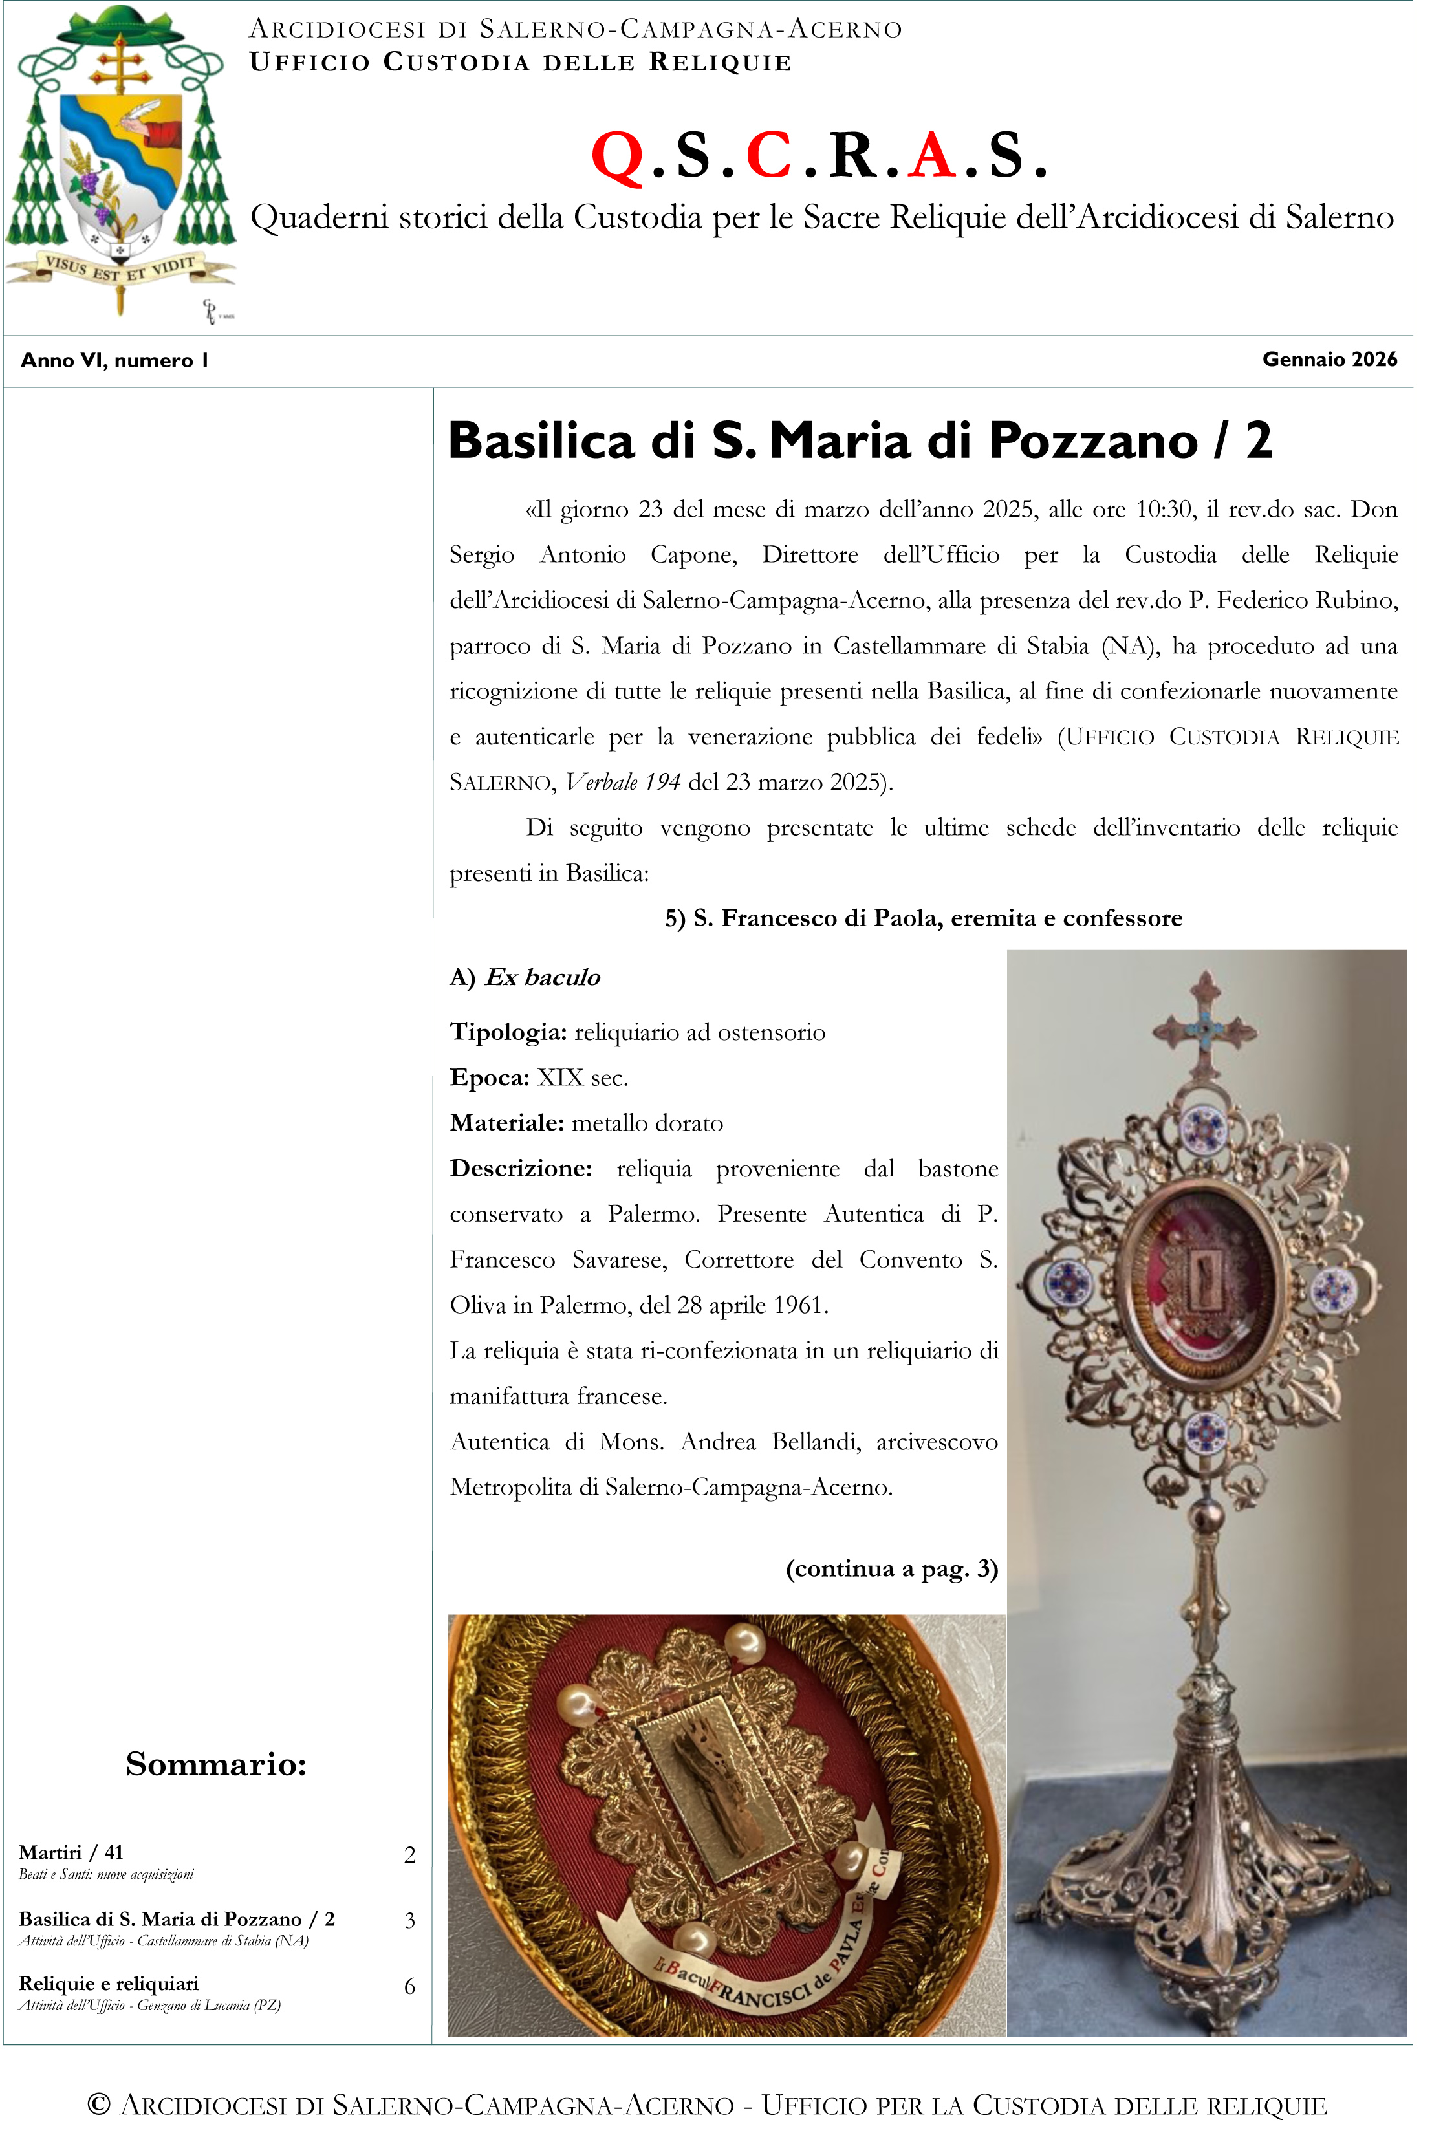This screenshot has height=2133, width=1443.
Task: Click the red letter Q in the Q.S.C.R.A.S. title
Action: point(617,156)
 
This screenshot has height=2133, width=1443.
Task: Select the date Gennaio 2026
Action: point(1329,360)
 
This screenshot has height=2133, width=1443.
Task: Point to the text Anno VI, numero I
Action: point(114,361)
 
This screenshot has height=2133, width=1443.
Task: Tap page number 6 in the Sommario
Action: point(409,1986)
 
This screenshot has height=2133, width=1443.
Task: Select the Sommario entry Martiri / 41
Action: point(71,1852)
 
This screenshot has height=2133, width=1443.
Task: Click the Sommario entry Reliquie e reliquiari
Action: point(108,1984)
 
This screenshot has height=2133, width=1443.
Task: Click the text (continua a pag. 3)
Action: point(891,1568)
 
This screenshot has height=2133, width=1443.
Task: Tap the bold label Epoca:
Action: point(489,1077)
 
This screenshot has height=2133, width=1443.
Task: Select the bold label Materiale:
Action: point(506,1123)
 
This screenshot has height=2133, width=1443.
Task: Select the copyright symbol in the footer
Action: point(99,2104)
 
